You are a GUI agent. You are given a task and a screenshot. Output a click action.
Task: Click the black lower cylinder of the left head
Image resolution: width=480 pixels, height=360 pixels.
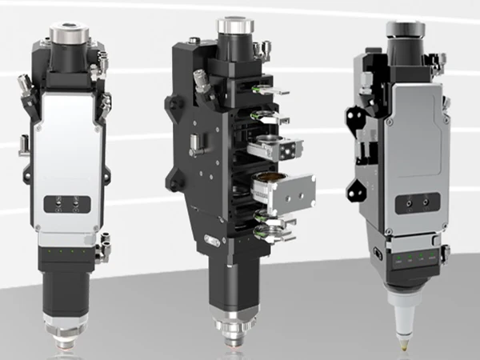[68, 277]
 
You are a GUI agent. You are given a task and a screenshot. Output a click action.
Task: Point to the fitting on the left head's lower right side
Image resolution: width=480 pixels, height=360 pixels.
[102, 251]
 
